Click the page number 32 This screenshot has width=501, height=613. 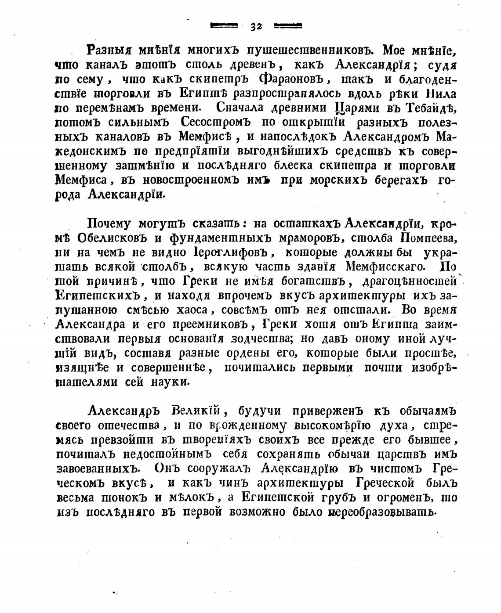[x=256, y=26]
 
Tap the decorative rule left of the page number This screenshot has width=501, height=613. [x=224, y=26]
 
